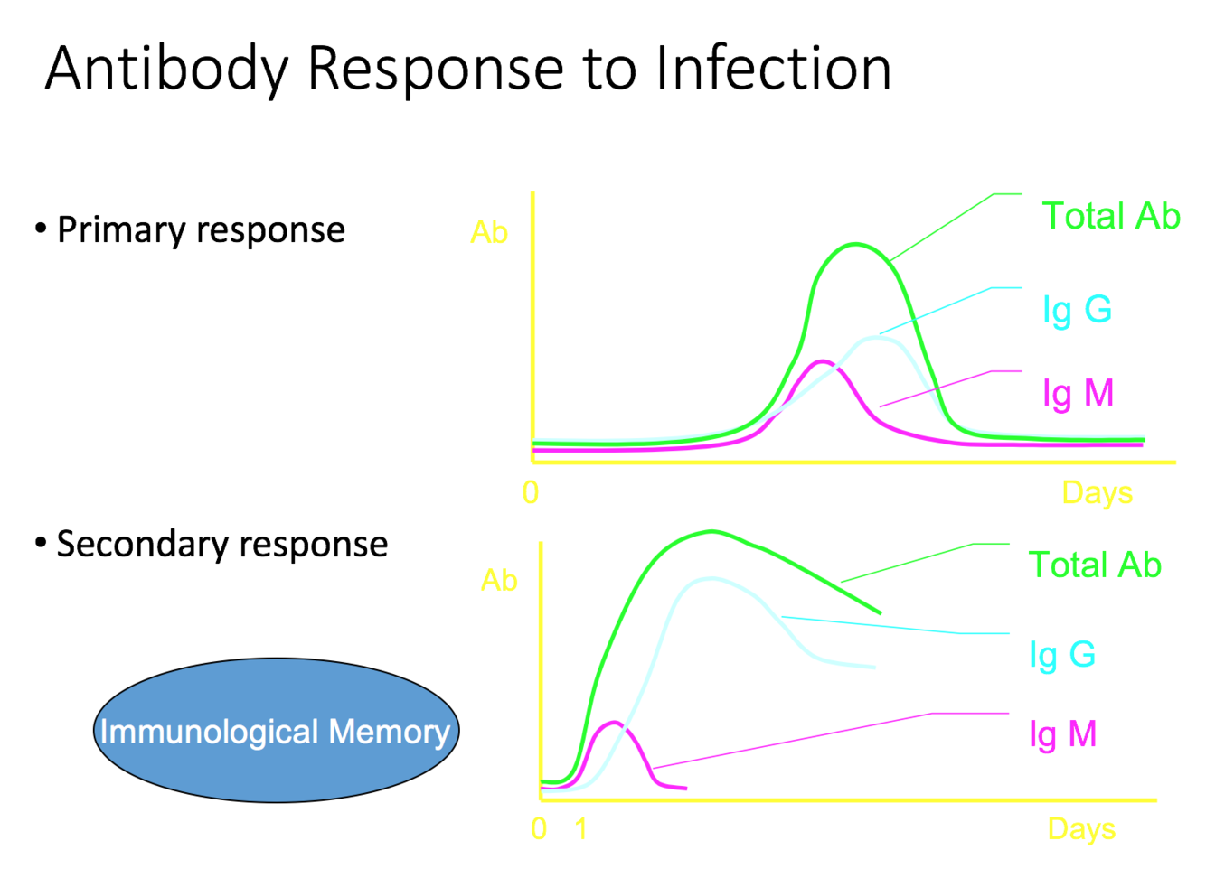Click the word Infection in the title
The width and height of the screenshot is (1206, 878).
774,69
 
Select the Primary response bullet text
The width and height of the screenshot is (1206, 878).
201,230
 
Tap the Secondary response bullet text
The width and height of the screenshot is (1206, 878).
221,545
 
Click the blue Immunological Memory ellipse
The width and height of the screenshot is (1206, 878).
276,731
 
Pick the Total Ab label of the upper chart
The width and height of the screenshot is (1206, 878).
1111,217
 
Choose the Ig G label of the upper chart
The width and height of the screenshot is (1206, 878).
1077,310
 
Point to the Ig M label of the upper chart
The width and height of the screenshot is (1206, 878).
1078,394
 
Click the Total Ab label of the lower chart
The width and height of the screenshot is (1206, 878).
1095,565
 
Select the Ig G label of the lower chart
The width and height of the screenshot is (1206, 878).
1062,654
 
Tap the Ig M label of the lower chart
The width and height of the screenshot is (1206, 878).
1062,734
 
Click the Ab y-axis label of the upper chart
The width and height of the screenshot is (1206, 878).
489,233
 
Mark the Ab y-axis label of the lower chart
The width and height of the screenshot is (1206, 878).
499,580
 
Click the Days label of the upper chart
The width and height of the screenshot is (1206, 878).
1097,493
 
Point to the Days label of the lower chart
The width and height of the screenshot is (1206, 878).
1081,829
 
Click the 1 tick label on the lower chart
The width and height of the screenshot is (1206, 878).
581,829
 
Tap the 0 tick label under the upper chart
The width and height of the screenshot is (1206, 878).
531,493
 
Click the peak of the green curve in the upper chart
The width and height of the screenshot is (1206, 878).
854,244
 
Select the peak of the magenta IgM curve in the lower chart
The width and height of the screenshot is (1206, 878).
615,723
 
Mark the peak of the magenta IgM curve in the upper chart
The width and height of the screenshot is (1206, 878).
821,361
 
